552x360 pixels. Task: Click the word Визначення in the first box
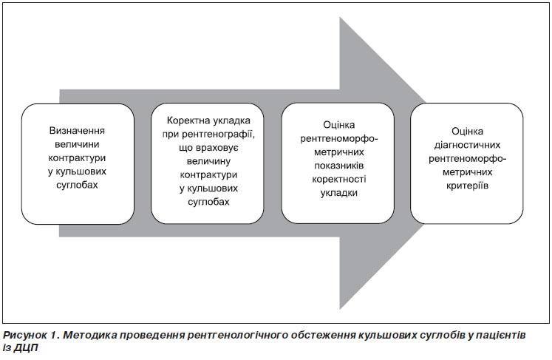pyautogui.click(x=77, y=131)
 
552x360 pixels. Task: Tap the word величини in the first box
pyautogui.click(x=77, y=144)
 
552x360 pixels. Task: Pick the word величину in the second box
pyautogui.click(x=208, y=161)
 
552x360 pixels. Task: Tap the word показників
pyautogui.click(x=339, y=166)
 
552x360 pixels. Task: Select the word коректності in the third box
pyautogui.click(x=339, y=180)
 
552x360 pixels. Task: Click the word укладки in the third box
pyautogui.click(x=339, y=193)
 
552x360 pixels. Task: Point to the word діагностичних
pyautogui.click(x=467, y=145)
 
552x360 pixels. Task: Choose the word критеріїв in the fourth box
pyautogui.click(x=467, y=186)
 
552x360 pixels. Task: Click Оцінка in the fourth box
pyautogui.click(x=467, y=132)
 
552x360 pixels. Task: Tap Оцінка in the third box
pyautogui.click(x=339, y=125)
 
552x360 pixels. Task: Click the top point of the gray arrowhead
pyautogui.click(x=340, y=17)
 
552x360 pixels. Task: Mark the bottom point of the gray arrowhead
pyautogui.click(x=340, y=310)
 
